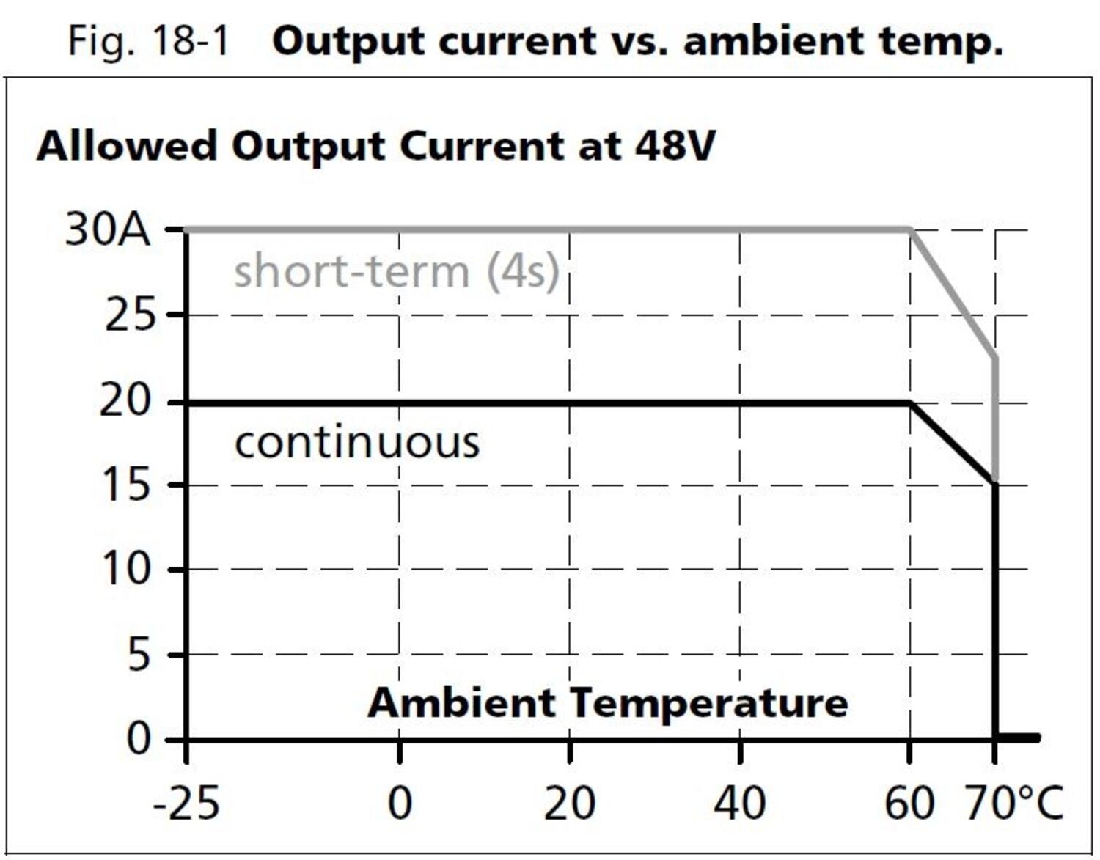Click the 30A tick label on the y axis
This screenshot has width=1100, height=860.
[107, 230]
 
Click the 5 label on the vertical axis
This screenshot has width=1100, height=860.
[139, 654]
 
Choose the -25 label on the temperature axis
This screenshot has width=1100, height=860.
[186, 804]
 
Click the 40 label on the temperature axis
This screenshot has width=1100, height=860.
[739, 804]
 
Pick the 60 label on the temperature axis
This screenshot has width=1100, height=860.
[909, 804]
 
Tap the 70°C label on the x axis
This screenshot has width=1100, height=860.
[1013, 804]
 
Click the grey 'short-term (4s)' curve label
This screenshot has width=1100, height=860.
[396, 271]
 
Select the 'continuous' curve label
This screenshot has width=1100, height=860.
[357, 443]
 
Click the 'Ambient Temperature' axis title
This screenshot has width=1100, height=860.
[607, 702]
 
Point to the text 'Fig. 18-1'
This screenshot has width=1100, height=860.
[149, 40]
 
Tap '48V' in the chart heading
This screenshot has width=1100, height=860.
[674, 145]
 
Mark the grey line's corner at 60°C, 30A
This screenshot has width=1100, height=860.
[911, 230]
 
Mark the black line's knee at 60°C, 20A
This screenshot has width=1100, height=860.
[910, 403]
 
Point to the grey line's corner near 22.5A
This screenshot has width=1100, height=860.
[995, 358]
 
